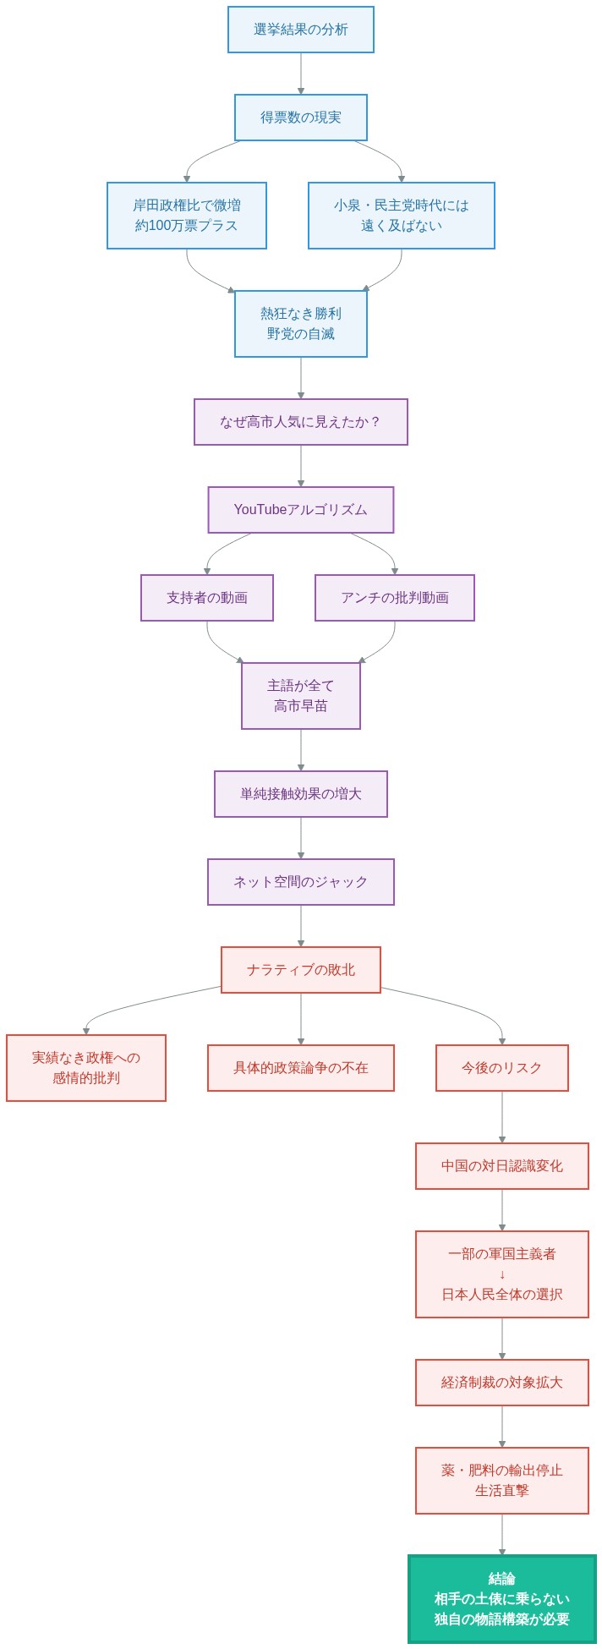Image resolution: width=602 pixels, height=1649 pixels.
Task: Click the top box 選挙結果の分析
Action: coord(300,30)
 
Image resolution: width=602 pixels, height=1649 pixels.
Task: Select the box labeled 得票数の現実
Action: coord(300,118)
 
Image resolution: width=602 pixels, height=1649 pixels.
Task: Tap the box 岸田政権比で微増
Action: coord(186,216)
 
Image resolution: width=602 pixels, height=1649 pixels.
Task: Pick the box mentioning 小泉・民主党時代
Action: coord(401,216)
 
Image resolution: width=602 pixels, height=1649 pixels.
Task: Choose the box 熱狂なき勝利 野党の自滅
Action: coord(300,324)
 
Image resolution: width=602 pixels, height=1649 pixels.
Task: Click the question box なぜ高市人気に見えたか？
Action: coord(300,422)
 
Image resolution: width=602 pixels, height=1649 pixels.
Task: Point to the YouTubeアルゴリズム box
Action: coord(300,510)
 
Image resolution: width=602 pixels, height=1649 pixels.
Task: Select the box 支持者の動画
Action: coord(206,598)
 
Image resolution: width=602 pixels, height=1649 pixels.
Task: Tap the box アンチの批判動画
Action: coord(394,598)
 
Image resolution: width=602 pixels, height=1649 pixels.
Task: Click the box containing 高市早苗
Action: coord(300,696)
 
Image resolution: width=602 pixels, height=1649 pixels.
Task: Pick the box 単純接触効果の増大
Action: coord(300,794)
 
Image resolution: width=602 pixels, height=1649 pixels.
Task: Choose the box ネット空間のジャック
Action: coord(300,882)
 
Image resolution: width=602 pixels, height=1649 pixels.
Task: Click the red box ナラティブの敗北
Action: coord(300,970)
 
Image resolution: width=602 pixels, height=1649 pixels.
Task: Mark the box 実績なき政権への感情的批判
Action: coord(85,1068)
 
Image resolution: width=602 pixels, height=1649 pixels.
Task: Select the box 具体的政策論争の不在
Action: coord(300,1068)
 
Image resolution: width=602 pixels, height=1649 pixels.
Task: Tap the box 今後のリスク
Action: coord(501,1068)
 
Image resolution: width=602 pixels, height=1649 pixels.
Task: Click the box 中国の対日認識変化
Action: coord(501,1166)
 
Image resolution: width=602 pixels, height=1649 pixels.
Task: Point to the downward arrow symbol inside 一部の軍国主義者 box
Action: coord(501,1274)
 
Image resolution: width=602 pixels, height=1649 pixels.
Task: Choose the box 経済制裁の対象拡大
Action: coord(501,1383)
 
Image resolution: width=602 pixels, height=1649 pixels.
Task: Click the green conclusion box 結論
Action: coord(501,1599)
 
